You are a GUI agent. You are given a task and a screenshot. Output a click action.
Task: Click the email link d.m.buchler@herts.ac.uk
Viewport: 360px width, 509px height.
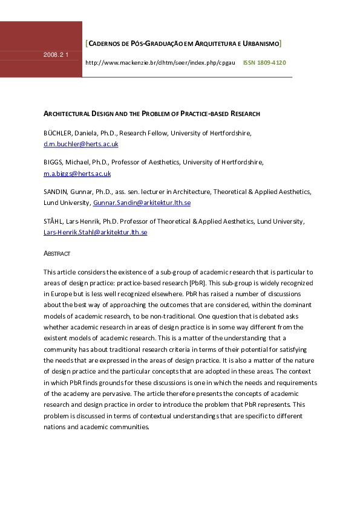pyautogui.click(x=80, y=144)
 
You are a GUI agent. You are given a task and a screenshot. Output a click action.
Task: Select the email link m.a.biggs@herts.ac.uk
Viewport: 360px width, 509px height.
pyautogui.click(x=77, y=173)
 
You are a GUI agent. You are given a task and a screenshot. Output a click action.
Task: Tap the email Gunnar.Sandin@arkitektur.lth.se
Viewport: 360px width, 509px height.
pyautogui.click(x=142, y=203)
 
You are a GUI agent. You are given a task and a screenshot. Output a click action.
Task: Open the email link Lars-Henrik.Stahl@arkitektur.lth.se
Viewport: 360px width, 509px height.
pyautogui.click(x=95, y=232)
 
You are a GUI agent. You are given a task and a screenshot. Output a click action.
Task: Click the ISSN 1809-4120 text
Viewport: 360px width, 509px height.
pyautogui.click(x=264, y=63)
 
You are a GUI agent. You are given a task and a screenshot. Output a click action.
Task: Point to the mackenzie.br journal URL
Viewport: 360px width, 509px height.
pyautogui.click(x=160, y=63)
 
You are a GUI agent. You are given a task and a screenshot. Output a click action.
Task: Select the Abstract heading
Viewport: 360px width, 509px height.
pyautogui.click(x=57, y=253)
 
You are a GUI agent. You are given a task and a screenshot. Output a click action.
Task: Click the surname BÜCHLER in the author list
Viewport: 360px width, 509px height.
pyautogui.click(x=57, y=133)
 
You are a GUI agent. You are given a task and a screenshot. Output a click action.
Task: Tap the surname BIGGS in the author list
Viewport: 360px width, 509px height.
pyautogui.click(x=53, y=162)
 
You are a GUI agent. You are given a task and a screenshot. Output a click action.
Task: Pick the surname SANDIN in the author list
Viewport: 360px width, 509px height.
pyautogui.click(x=55, y=192)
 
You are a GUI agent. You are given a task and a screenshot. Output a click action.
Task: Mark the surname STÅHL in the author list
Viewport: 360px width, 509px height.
pyautogui.click(x=54, y=221)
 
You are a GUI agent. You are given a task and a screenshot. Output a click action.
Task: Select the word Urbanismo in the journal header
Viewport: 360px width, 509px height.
pyautogui.click(x=258, y=44)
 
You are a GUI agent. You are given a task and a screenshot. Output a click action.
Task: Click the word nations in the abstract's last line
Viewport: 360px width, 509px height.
pyautogui.click(x=56, y=426)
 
